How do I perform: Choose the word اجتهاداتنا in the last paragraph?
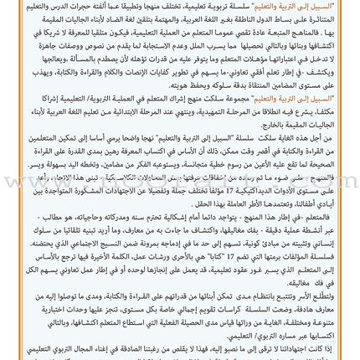(318, 350)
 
